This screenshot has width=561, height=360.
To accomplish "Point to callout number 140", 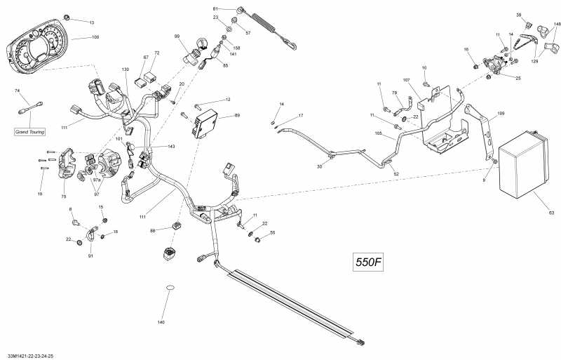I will pos(161,322).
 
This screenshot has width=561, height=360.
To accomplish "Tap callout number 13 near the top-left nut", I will pos(91,22).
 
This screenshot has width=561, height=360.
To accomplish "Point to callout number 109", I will pos(501,113).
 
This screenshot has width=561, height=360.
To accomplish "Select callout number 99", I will pos(177,36).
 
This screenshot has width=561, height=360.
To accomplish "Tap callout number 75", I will pos(64,185).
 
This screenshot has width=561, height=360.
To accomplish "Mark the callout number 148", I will pos(557,24).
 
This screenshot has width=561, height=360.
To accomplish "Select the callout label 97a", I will pos(97,180).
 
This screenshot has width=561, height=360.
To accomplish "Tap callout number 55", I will pos(273,232).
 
